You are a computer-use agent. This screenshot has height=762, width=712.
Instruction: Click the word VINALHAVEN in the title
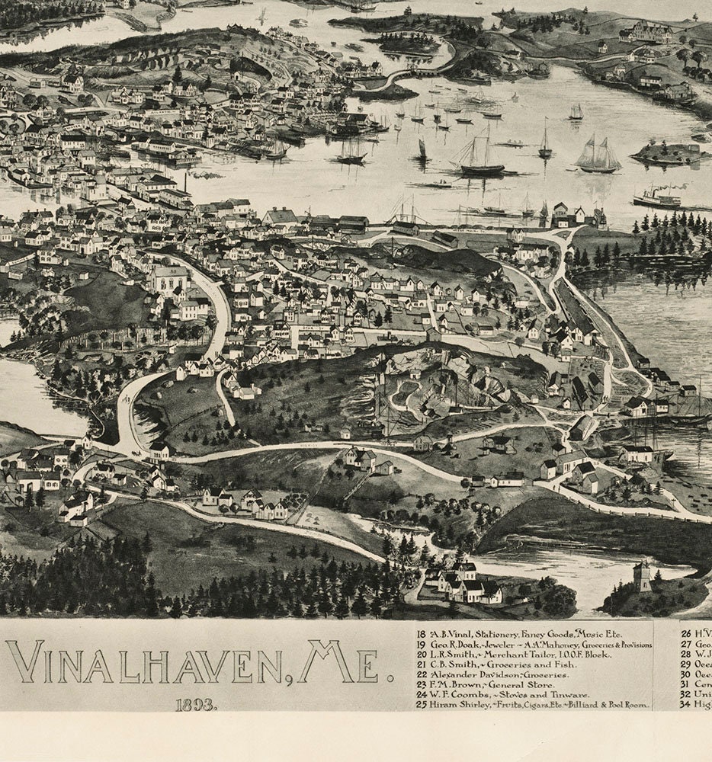pyautogui.click(x=145, y=663)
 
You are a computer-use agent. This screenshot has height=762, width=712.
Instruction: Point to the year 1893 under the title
pyautogui.click(x=196, y=705)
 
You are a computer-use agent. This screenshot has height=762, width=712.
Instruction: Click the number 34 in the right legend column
pyautogui.click(x=685, y=705)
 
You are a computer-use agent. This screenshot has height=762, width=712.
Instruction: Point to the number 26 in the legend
pyautogui.click(x=685, y=634)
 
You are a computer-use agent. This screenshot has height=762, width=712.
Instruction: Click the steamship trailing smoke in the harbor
pyautogui.click(x=657, y=199)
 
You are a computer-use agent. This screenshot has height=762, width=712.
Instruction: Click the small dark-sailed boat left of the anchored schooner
pyautogui.click(x=422, y=150)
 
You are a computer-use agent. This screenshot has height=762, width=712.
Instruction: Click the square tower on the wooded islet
pyautogui.click(x=643, y=577)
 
